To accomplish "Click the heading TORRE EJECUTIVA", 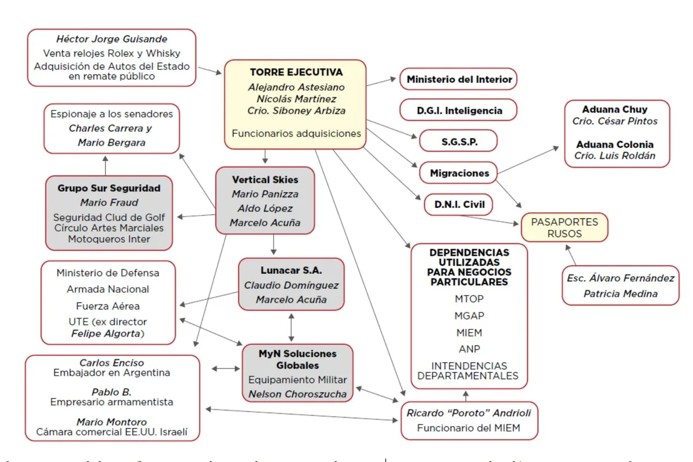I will point(296,72).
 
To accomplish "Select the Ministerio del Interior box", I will point(459,79).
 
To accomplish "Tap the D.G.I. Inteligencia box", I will point(459,110).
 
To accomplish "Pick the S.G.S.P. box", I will point(458,141).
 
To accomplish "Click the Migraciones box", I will point(459,173).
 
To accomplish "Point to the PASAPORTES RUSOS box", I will point(564,228).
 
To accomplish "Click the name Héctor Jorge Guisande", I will point(111,39).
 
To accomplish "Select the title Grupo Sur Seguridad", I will point(109,188).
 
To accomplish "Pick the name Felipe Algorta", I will point(106,334).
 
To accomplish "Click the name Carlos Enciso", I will point(111,363).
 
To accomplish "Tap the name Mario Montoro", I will point(111,422).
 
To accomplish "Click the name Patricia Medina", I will point(620,293).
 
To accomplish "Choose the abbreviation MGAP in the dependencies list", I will point(469,315).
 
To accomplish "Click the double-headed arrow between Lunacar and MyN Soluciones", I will point(291,327).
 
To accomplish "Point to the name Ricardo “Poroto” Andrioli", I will point(468,412).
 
